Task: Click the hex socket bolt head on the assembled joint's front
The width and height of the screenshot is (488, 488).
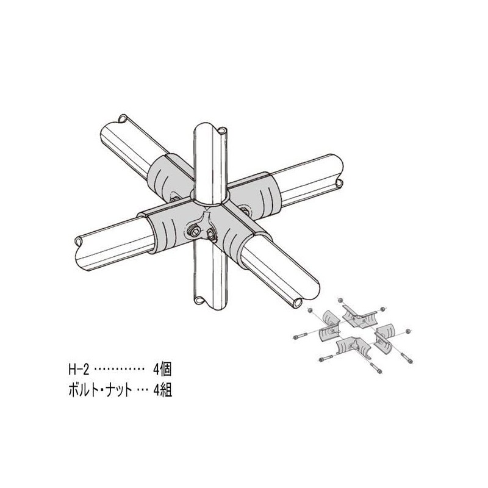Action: [195, 231]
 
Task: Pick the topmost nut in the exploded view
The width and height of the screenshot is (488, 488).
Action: [340, 301]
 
